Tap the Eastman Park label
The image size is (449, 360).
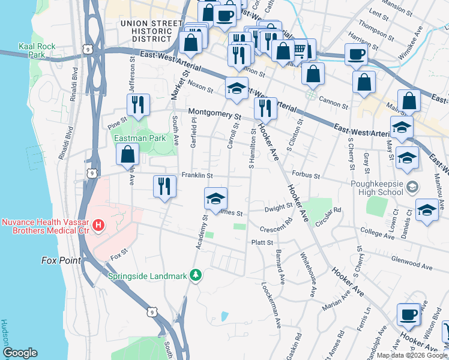[x=140, y=138]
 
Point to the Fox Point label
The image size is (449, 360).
[x=60, y=260]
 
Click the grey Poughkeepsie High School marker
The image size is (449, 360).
[x=411, y=187]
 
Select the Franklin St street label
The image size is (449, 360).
[x=197, y=176]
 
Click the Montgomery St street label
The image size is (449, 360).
[x=214, y=112]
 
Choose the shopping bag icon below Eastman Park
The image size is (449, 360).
[x=128, y=155]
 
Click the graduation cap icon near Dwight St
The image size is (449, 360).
[x=215, y=197]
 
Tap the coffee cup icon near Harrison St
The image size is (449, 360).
[x=355, y=54]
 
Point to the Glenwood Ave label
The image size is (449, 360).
[x=411, y=266]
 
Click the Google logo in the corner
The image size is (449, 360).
[x=20, y=353]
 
